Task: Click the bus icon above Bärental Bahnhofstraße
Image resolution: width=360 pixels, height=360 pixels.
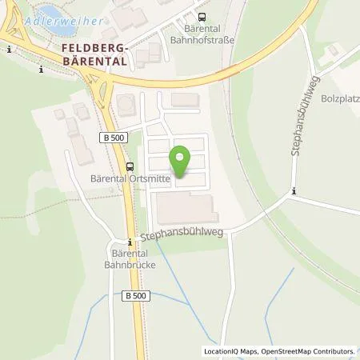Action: click(x=201, y=15)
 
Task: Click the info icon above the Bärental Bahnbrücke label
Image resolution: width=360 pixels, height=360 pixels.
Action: click(x=129, y=242)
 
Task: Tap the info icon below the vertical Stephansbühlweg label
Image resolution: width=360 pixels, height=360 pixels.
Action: click(x=294, y=190)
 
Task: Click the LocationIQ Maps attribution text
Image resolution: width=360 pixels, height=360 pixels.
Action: click(x=231, y=351)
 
